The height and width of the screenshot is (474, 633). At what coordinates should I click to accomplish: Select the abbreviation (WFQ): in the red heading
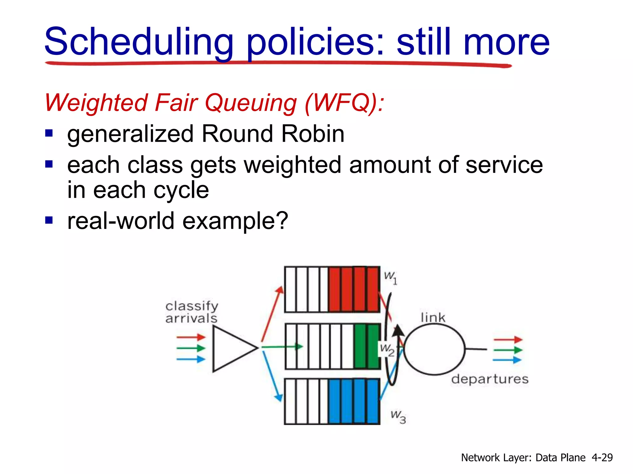tap(345, 103)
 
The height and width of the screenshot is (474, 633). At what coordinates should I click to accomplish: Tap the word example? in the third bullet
tap(235, 221)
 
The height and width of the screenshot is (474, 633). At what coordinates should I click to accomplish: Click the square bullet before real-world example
tap(49, 220)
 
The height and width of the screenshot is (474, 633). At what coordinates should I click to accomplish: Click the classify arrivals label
tap(192, 312)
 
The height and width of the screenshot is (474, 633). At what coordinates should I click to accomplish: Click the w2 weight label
tap(387, 350)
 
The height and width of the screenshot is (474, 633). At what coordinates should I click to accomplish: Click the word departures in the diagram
tap(490, 379)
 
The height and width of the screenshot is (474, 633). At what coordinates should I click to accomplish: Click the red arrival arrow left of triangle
tap(191, 337)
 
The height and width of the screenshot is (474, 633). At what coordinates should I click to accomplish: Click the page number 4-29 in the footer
tap(602, 457)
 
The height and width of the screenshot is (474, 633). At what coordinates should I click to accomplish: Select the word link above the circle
tap(433, 317)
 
